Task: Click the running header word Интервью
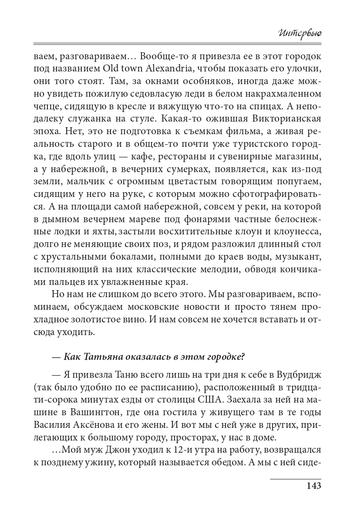[x=299, y=32]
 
